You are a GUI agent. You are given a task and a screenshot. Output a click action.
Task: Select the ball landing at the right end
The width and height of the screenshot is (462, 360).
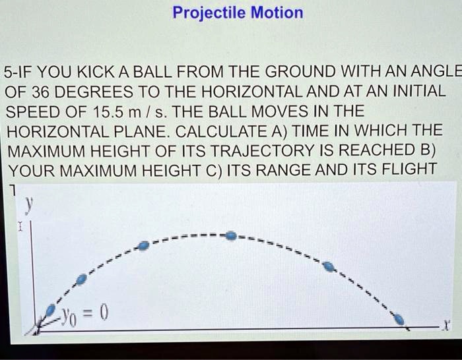pyautogui.click(x=399, y=319)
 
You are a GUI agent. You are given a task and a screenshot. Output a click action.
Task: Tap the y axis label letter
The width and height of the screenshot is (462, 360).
pyautogui.click(x=28, y=206)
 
